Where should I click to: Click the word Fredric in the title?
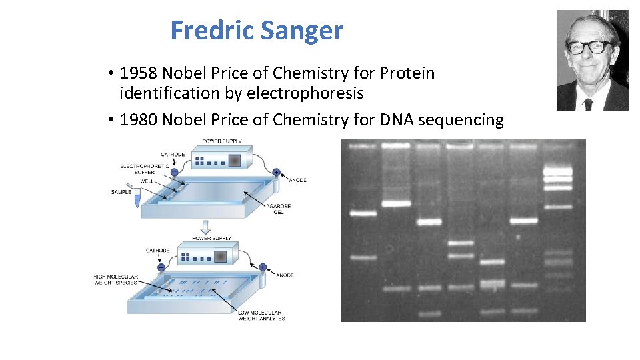point(212,31)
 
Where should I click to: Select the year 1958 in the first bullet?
point(139,73)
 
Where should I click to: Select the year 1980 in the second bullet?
point(139,119)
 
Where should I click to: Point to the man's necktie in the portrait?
point(588,103)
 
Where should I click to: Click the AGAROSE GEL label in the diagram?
point(279,209)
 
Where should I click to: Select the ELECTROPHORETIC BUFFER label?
point(140,169)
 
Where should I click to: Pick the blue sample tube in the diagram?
point(137,197)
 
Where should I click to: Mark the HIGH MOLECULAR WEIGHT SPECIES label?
point(116,279)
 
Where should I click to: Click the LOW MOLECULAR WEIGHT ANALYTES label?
point(261,315)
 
